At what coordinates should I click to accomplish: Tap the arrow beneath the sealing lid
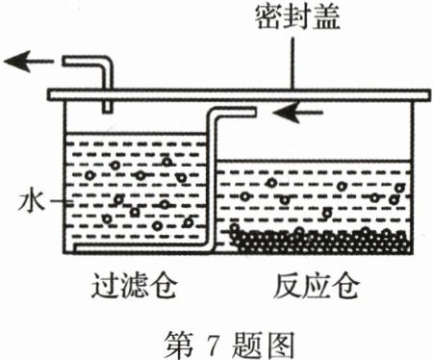click(x=295, y=113)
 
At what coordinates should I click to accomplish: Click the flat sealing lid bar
click(x=241, y=94)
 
